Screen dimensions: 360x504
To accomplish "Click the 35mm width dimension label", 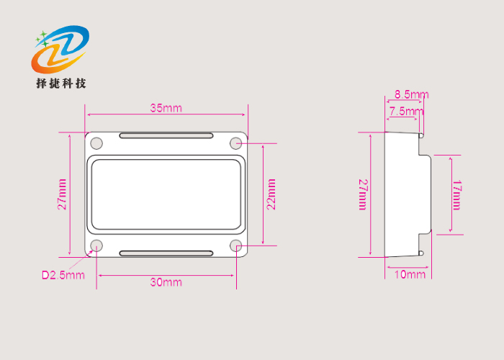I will [x=166, y=108].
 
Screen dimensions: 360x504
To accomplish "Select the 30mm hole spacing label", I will [x=166, y=282].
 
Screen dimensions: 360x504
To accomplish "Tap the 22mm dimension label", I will [x=271, y=194].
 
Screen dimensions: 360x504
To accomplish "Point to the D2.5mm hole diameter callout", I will [x=63, y=274].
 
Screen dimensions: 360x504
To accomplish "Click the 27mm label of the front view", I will [x=63, y=194].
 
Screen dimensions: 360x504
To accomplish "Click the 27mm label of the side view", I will [x=364, y=194].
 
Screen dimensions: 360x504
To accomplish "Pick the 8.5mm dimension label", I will [x=412, y=94].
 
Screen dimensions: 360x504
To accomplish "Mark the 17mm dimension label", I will [x=456, y=194].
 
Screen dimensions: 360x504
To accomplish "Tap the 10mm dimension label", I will [x=411, y=274].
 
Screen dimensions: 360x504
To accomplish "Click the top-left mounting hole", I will [x=96, y=143].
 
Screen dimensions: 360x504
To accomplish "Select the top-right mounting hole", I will [x=236, y=143].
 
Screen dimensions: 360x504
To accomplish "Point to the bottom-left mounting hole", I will [x=96, y=246].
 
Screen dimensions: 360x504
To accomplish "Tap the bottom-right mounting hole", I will [x=236, y=246].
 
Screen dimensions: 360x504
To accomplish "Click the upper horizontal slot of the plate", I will [x=166, y=135].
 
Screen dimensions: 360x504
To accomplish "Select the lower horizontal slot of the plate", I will [x=166, y=253].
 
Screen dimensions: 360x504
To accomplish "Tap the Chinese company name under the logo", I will [x=61, y=84].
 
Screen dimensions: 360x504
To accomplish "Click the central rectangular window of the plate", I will [x=166, y=194].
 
